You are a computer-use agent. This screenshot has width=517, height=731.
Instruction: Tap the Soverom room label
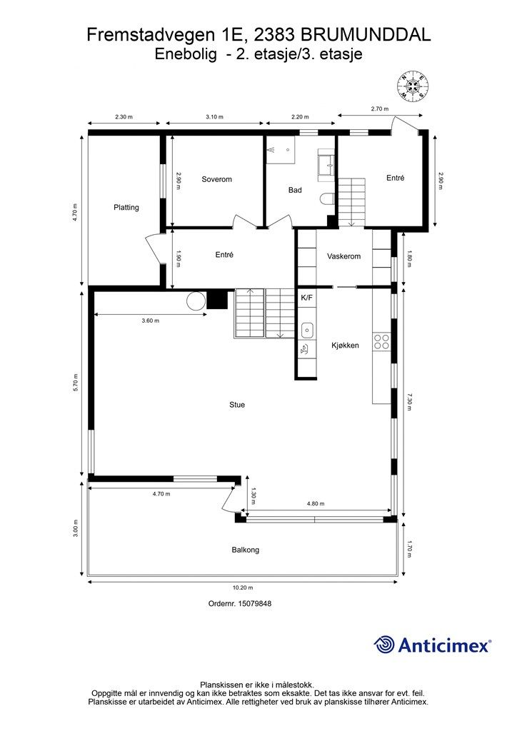tap(216, 179)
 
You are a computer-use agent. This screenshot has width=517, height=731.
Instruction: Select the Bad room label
tap(296, 190)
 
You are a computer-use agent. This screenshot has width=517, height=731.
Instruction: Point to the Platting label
tap(126, 208)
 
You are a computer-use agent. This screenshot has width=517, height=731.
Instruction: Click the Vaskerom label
tap(343, 256)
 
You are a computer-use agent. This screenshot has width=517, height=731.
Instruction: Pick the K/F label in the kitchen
tap(307, 297)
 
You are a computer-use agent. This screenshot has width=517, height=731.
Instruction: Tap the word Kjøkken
tap(345, 345)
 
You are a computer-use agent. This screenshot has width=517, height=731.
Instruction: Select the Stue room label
tap(237, 405)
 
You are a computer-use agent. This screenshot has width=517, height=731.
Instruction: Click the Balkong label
tap(245, 550)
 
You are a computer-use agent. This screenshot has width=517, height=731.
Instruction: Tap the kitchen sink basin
tap(308, 330)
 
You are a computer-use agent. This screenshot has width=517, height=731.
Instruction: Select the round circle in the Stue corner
tap(196, 301)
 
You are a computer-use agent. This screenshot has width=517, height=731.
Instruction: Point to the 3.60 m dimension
tap(150, 321)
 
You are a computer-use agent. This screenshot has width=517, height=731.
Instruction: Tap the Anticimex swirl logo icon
tap(385, 645)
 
